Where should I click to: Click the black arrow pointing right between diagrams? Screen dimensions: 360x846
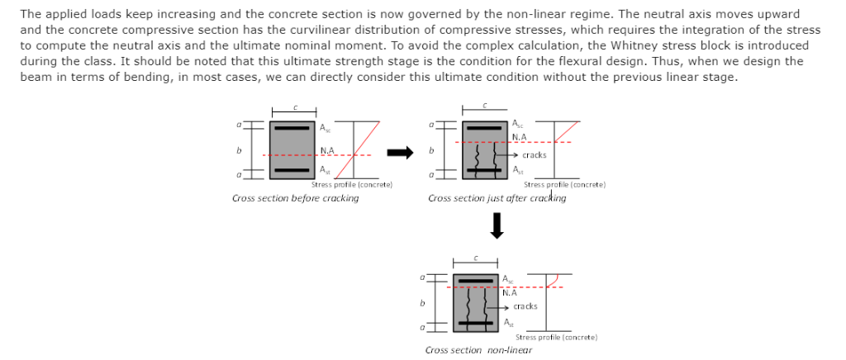(x=400, y=151)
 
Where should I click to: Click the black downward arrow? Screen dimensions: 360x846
(x=497, y=225)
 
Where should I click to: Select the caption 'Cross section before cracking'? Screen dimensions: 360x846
(x=295, y=198)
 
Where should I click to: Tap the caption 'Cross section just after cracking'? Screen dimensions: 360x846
(x=497, y=198)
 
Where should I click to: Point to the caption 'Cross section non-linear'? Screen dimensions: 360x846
(x=478, y=350)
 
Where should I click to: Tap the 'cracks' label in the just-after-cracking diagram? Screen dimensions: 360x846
(x=534, y=154)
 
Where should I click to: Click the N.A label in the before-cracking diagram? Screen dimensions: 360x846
(x=326, y=150)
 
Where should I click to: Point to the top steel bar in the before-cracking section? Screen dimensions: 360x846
(x=292, y=128)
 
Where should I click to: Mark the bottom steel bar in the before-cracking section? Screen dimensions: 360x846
(x=292, y=170)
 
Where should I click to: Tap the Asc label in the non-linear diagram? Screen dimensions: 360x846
(x=507, y=279)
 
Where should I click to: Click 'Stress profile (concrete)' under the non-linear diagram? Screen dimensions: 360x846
(x=556, y=337)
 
